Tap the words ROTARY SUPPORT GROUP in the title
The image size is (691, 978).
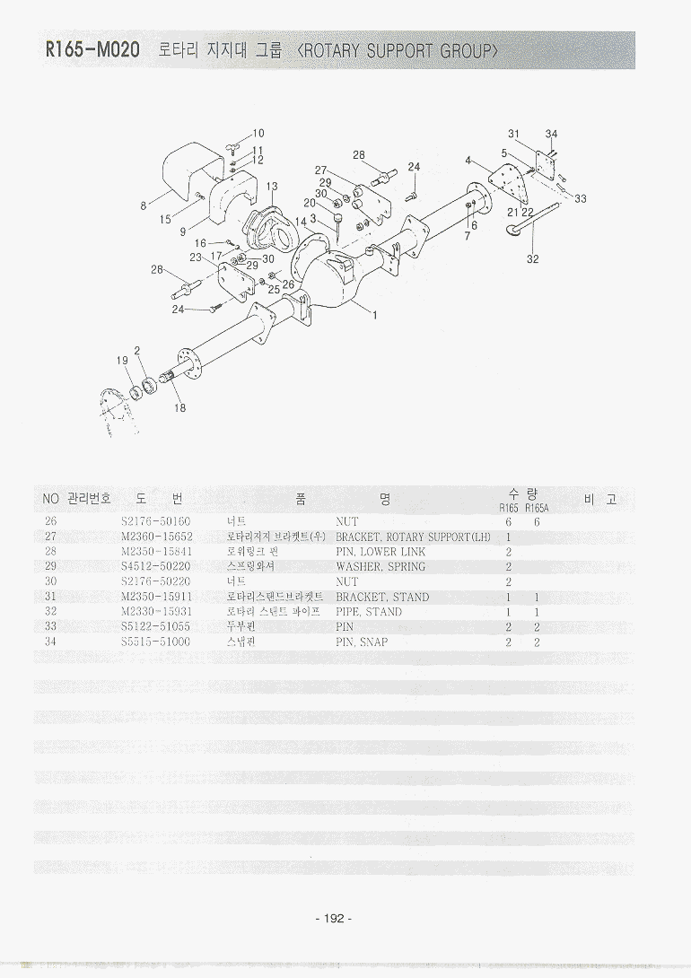coord(399,50)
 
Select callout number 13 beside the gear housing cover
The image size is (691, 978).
coord(272,187)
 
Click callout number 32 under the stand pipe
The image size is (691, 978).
coord(533,260)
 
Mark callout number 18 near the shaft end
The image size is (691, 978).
coord(180,407)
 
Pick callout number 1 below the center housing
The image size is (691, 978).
coord(373,315)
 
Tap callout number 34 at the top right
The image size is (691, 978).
coord(552,135)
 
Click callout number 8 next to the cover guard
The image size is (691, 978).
coord(144,205)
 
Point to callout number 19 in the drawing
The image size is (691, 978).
coord(122,360)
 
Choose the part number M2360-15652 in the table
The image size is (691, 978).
coord(156,537)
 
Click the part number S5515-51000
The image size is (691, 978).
coord(155,642)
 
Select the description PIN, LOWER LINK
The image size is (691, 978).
coord(380,552)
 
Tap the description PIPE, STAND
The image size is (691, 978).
coord(369,612)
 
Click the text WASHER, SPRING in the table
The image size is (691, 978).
coord(380,567)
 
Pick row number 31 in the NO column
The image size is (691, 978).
coord(50,597)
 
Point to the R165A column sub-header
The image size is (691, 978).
coord(537,508)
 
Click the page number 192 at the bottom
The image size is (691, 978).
coord(334,918)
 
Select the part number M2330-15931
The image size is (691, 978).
coord(156,612)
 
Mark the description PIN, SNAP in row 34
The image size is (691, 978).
coord(362,642)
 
